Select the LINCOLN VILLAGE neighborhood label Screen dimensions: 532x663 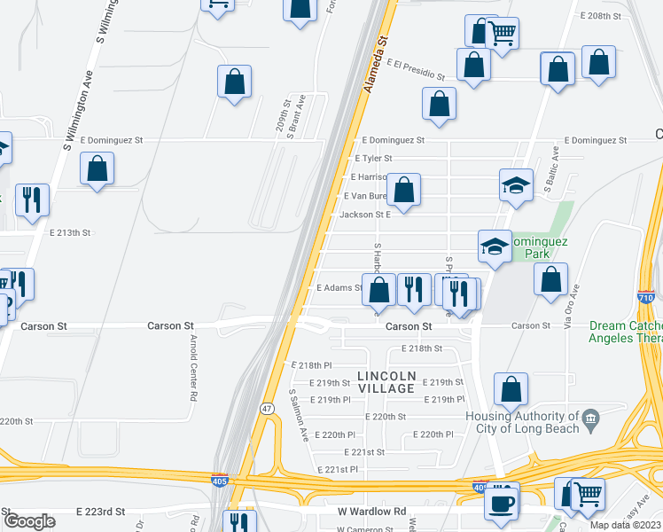click(386, 382)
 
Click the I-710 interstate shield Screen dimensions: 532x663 click(646, 299)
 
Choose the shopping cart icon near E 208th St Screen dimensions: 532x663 click(503, 34)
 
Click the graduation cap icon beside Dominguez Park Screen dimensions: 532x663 click(494, 246)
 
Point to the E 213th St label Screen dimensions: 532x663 click(72, 232)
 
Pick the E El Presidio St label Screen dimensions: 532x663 click(416, 68)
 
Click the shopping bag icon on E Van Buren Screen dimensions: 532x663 click(403, 190)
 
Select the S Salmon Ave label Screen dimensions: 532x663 click(299, 415)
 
